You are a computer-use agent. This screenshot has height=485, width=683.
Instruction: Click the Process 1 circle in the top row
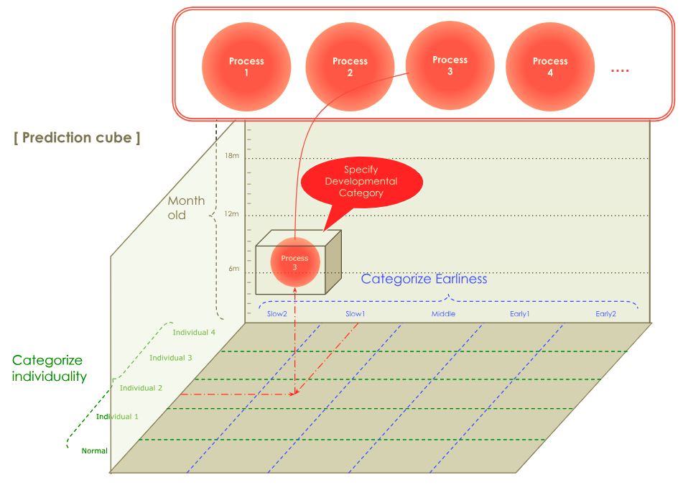(246, 67)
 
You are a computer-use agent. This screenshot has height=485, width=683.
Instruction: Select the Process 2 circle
(350, 67)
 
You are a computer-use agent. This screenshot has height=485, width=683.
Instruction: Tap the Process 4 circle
(550, 67)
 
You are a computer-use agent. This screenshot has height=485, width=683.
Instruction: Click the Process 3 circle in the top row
(450, 65)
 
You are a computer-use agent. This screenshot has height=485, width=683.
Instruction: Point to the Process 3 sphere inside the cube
(294, 262)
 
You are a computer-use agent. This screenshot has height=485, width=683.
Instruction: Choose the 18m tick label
(232, 156)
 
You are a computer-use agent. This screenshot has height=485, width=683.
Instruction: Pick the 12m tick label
(232, 213)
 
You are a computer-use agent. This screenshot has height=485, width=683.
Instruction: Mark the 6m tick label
(233, 269)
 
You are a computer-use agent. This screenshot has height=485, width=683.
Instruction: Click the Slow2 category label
(277, 314)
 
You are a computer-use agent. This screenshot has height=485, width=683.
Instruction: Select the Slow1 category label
(355, 314)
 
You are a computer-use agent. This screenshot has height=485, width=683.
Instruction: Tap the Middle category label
(443, 314)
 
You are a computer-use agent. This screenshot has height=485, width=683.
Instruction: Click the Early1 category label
(520, 314)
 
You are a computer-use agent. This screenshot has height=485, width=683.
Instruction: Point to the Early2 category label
(605, 314)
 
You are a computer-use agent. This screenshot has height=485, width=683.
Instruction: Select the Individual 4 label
(194, 332)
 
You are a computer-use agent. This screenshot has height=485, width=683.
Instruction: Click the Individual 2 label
(141, 388)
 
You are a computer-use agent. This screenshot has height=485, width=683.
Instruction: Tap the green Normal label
(94, 451)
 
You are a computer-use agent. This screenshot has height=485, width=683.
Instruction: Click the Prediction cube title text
(77, 137)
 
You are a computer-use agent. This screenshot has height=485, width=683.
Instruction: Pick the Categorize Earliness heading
(424, 279)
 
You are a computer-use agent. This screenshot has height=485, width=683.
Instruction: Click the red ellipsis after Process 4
(619, 70)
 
